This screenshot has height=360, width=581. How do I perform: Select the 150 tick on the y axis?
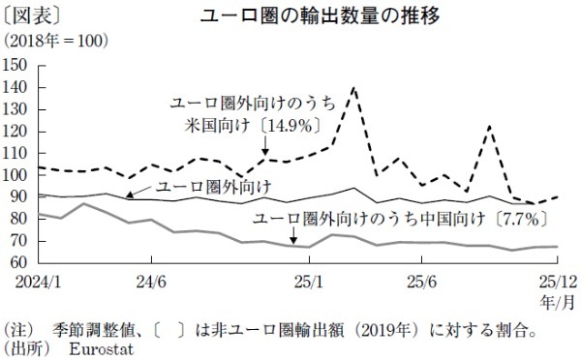coord(16,65)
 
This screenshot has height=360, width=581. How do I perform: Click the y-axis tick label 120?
coord(16,131)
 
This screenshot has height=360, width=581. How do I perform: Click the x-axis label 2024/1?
coord(29,281)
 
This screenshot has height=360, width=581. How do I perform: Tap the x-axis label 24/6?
coord(153,281)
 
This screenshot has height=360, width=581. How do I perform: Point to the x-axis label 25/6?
coord(421,281)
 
